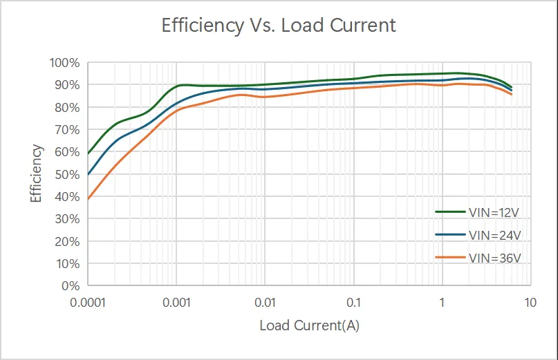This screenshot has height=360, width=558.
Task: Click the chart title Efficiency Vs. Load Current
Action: pos(279,26)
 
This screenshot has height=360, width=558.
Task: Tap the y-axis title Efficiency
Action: pos(37,173)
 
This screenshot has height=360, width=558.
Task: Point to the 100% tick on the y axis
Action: pos(65,63)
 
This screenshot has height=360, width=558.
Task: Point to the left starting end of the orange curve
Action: pos(89,199)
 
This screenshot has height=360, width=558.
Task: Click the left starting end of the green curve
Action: pos(89,153)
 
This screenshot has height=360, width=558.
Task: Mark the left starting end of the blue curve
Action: pos(89,175)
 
